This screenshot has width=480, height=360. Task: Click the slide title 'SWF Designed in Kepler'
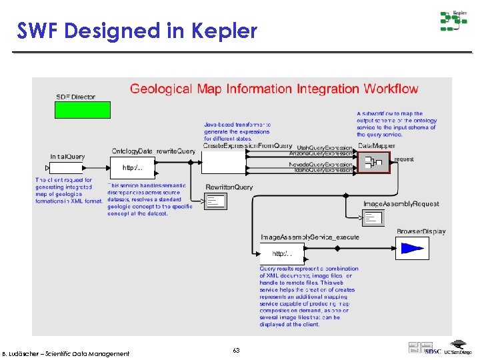click(x=137, y=31)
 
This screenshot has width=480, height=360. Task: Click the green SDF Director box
click(x=83, y=110)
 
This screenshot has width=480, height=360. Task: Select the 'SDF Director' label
click(x=75, y=97)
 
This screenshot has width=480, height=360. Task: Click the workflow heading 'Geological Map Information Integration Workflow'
click(x=274, y=89)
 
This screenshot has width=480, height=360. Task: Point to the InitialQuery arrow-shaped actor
click(x=69, y=167)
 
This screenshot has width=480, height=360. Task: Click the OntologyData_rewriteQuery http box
click(x=131, y=167)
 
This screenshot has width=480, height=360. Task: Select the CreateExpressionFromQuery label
click(x=247, y=146)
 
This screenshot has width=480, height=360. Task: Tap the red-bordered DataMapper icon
click(x=374, y=162)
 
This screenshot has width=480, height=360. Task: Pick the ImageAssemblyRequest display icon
click(x=373, y=217)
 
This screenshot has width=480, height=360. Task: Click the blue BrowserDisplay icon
click(x=412, y=249)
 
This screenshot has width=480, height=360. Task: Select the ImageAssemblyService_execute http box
click(x=281, y=253)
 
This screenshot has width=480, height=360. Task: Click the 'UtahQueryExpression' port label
click(x=324, y=147)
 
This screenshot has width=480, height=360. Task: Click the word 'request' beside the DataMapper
click(x=404, y=159)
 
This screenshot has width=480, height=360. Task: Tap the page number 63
click(x=237, y=350)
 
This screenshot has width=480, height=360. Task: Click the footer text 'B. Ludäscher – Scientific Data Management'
click(x=66, y=353)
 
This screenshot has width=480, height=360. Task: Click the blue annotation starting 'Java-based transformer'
click(x=237, y=132)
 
